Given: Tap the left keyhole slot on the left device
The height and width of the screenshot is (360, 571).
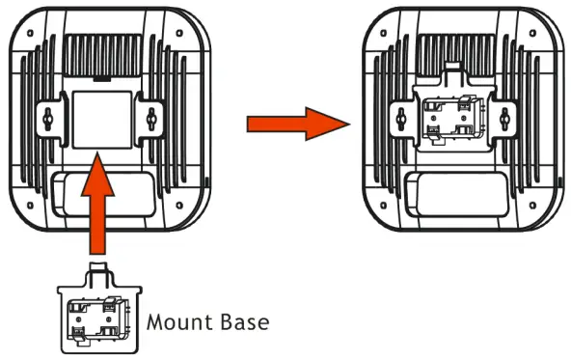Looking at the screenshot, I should click(47, 116).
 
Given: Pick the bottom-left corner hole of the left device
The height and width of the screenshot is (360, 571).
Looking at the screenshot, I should click(30, 210).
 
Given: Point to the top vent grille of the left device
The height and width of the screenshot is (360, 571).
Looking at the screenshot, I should click(104, 52).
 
